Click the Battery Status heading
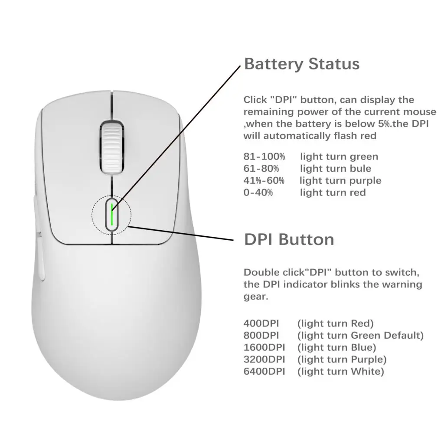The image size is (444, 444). [302, 64]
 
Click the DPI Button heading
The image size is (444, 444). [289, 239]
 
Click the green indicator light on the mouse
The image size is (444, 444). [112, 214]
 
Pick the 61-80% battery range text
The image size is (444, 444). [261, 168]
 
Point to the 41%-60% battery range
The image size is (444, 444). [264, 180]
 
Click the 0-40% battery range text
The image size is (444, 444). [258, 192]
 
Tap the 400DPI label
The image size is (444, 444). [261, 323]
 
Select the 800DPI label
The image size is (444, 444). [261, 336]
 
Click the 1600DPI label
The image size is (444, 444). [264, 347]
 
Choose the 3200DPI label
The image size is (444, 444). [264, 359]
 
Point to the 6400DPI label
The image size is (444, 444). [264, 371]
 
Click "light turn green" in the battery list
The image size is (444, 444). [339, 157]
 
